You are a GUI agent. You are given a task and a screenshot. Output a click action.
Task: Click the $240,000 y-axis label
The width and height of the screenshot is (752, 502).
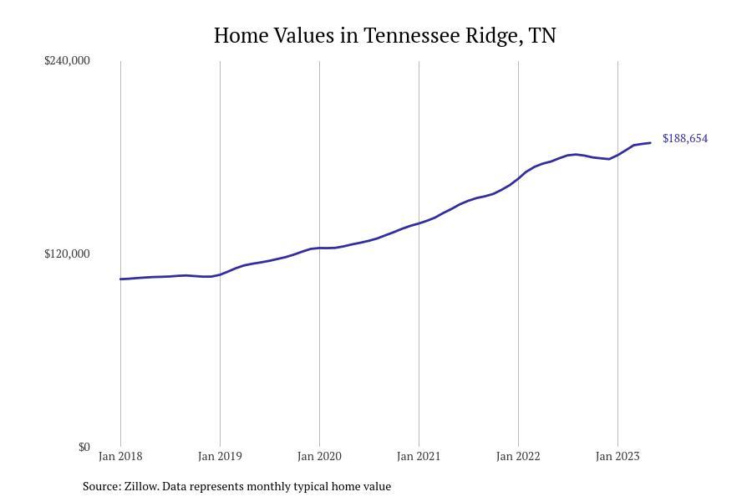(x=67, y=60)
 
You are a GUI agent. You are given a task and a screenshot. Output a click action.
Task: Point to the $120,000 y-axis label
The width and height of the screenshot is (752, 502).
(x=67, y=254)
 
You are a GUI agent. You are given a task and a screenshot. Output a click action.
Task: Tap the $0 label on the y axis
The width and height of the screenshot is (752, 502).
(x=84, y=447)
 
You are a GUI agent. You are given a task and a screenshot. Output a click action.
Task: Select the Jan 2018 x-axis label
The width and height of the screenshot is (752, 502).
(x=120, y=456)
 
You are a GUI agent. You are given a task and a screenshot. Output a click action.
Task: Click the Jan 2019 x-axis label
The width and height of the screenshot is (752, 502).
(x=220, y=456)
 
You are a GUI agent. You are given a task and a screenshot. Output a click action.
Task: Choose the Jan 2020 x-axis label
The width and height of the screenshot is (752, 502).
(x=319, y=456)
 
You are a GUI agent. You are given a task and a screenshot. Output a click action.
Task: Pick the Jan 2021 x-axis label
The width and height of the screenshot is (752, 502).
(x=419, y=456)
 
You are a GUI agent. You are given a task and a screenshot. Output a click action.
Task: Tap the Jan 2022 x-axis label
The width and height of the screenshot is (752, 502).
(x=518, y=456)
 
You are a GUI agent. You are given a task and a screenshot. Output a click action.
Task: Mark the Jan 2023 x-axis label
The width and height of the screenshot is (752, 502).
(x=617, y=456)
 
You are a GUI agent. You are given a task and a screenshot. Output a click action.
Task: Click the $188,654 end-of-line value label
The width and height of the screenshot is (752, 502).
(x=685, y=139)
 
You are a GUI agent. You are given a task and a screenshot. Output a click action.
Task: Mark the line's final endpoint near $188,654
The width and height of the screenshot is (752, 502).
(x=650, y=143)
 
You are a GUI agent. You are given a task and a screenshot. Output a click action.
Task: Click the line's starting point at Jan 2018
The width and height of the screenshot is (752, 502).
(x=120, y=279)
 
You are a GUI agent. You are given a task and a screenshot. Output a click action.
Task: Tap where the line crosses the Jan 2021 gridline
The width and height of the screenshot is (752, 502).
(x=419, y=223)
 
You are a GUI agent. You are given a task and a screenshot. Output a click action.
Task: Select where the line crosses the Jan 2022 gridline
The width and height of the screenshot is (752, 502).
(x=518, y=178)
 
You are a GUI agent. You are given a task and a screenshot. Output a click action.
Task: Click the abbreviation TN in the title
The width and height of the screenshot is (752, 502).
(x=542, y=36)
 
